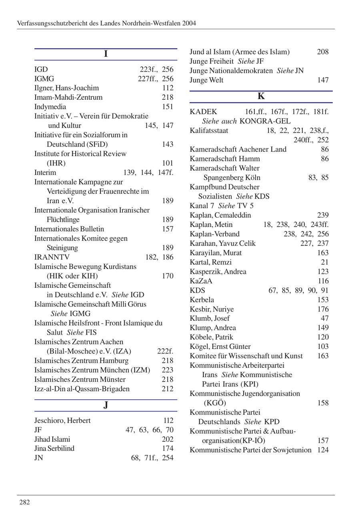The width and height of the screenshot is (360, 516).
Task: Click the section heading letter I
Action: click(x=106, y=54)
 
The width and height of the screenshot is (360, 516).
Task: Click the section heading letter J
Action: click(x=106, y=405)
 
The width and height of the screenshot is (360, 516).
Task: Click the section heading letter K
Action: click(x=261, y=96)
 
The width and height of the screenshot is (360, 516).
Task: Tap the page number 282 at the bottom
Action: click(x=24, y=502)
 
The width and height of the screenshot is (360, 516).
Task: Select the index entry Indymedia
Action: click(x=50, y=107)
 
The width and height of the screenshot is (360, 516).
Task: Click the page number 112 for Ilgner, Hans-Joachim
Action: click(x=168, y=88)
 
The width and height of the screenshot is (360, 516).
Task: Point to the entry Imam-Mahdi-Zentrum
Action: click(x=68, y=97)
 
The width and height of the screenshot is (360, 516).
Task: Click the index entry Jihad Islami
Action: click(x=52, y=439)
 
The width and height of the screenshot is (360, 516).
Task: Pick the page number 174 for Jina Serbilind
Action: click(x=168, y=448)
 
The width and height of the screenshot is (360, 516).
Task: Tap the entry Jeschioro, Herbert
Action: click(x=62, y=420)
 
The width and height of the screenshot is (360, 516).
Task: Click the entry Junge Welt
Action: click(x=206, y=80)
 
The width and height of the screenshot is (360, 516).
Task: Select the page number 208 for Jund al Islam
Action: click(x=323, y=52)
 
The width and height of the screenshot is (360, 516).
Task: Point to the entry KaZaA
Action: click(x=201, y=281)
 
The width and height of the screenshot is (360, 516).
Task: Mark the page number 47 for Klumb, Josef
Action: click(x=325, y=318)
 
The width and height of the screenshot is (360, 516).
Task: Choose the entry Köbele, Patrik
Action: click(x=211, y=337)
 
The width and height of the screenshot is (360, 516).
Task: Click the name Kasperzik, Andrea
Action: click(x=218, y=271)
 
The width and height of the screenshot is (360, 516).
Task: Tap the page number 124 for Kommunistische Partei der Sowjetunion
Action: click(x=323, y=450)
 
